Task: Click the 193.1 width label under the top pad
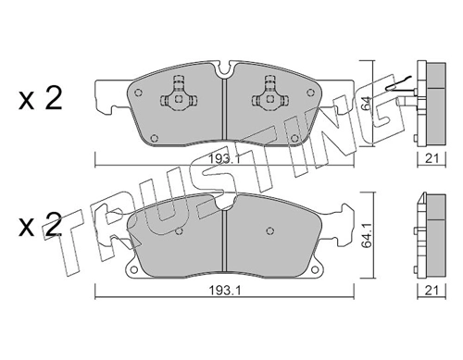[x=223, y=159]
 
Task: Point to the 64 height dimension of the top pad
[x=366, y=105]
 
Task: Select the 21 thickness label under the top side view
[x=432, y=158]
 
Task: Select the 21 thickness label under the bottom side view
[x=432, y=290]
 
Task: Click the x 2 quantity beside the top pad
[x=41, y=98]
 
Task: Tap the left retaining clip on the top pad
[x=178, y=93]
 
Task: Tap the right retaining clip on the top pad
[x=270, y=93]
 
